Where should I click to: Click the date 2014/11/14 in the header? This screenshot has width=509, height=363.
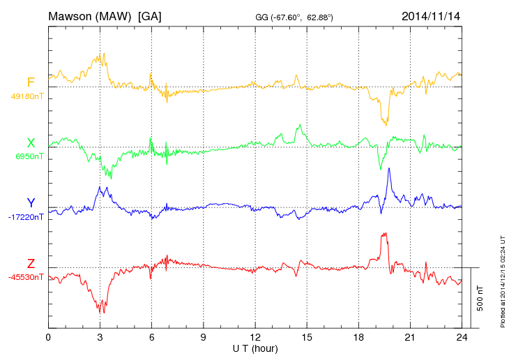click(431, 15)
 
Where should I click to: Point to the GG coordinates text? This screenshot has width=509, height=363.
click(294, 17)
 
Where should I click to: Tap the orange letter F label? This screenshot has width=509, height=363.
click(31, 83)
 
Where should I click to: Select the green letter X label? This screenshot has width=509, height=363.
click(31, 143)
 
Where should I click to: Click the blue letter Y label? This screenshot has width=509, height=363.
click(31, 203)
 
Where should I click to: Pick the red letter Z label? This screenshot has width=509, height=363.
click(31, 264)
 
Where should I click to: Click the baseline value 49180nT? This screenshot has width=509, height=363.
click(27, 96)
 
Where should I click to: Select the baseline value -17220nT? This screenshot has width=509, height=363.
click(26, 217)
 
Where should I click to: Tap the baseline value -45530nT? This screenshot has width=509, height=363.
click(26, 277)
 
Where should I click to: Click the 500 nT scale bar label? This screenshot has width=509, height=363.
click(480, 298)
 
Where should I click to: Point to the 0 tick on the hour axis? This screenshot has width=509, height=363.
click(48, 336)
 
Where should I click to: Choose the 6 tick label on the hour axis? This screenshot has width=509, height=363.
click(151, 336)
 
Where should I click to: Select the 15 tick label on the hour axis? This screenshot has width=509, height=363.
click(307, 336)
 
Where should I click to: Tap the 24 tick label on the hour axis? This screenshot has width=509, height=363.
click(462, 336)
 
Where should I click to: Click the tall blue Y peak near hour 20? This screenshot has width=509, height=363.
click(388, 169)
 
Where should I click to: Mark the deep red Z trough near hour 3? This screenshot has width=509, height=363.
click(102, 309)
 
